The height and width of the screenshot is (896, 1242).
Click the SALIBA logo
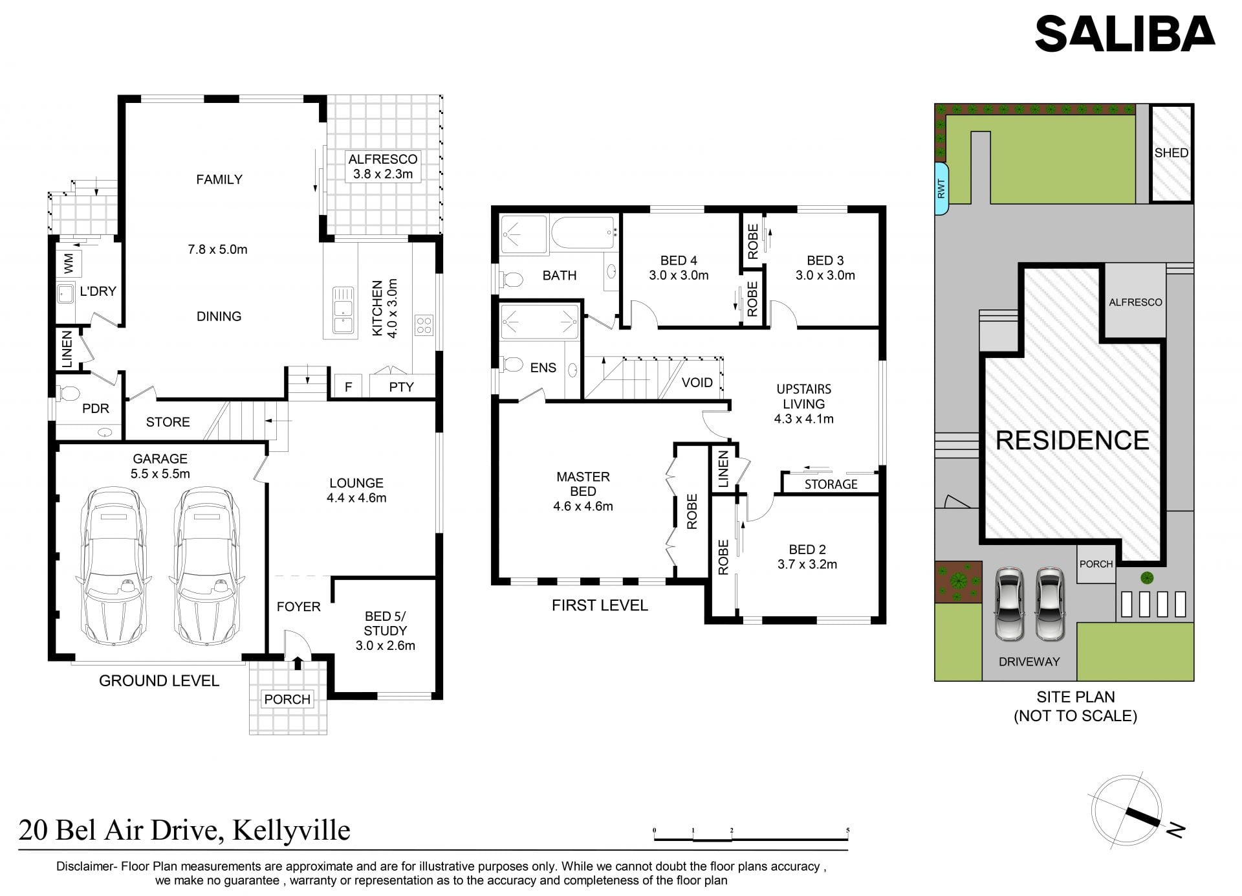tap(1125, 34)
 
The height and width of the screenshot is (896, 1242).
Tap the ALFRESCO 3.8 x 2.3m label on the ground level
tap(383, 166)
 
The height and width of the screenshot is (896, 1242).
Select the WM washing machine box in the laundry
tap(69, 263)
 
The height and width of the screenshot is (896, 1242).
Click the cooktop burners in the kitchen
tap(424, 324)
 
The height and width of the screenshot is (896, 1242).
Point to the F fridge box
tap(349, 386)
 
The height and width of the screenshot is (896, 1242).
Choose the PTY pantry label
tap(401, 386)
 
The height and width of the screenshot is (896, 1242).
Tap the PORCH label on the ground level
tap(287, 699)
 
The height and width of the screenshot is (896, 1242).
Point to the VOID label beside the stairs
tap(697, 382)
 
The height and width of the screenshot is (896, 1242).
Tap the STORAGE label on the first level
tap(831, 484)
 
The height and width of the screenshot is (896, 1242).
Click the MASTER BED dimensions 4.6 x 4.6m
tap(583, 506)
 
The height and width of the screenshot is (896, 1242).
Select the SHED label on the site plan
tap(1171, 153)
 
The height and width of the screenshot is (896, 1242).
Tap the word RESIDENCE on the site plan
tap(1073, 440)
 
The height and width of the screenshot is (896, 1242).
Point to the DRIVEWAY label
tap(1029, 662)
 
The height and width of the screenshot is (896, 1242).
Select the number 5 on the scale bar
tap(847, 830)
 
